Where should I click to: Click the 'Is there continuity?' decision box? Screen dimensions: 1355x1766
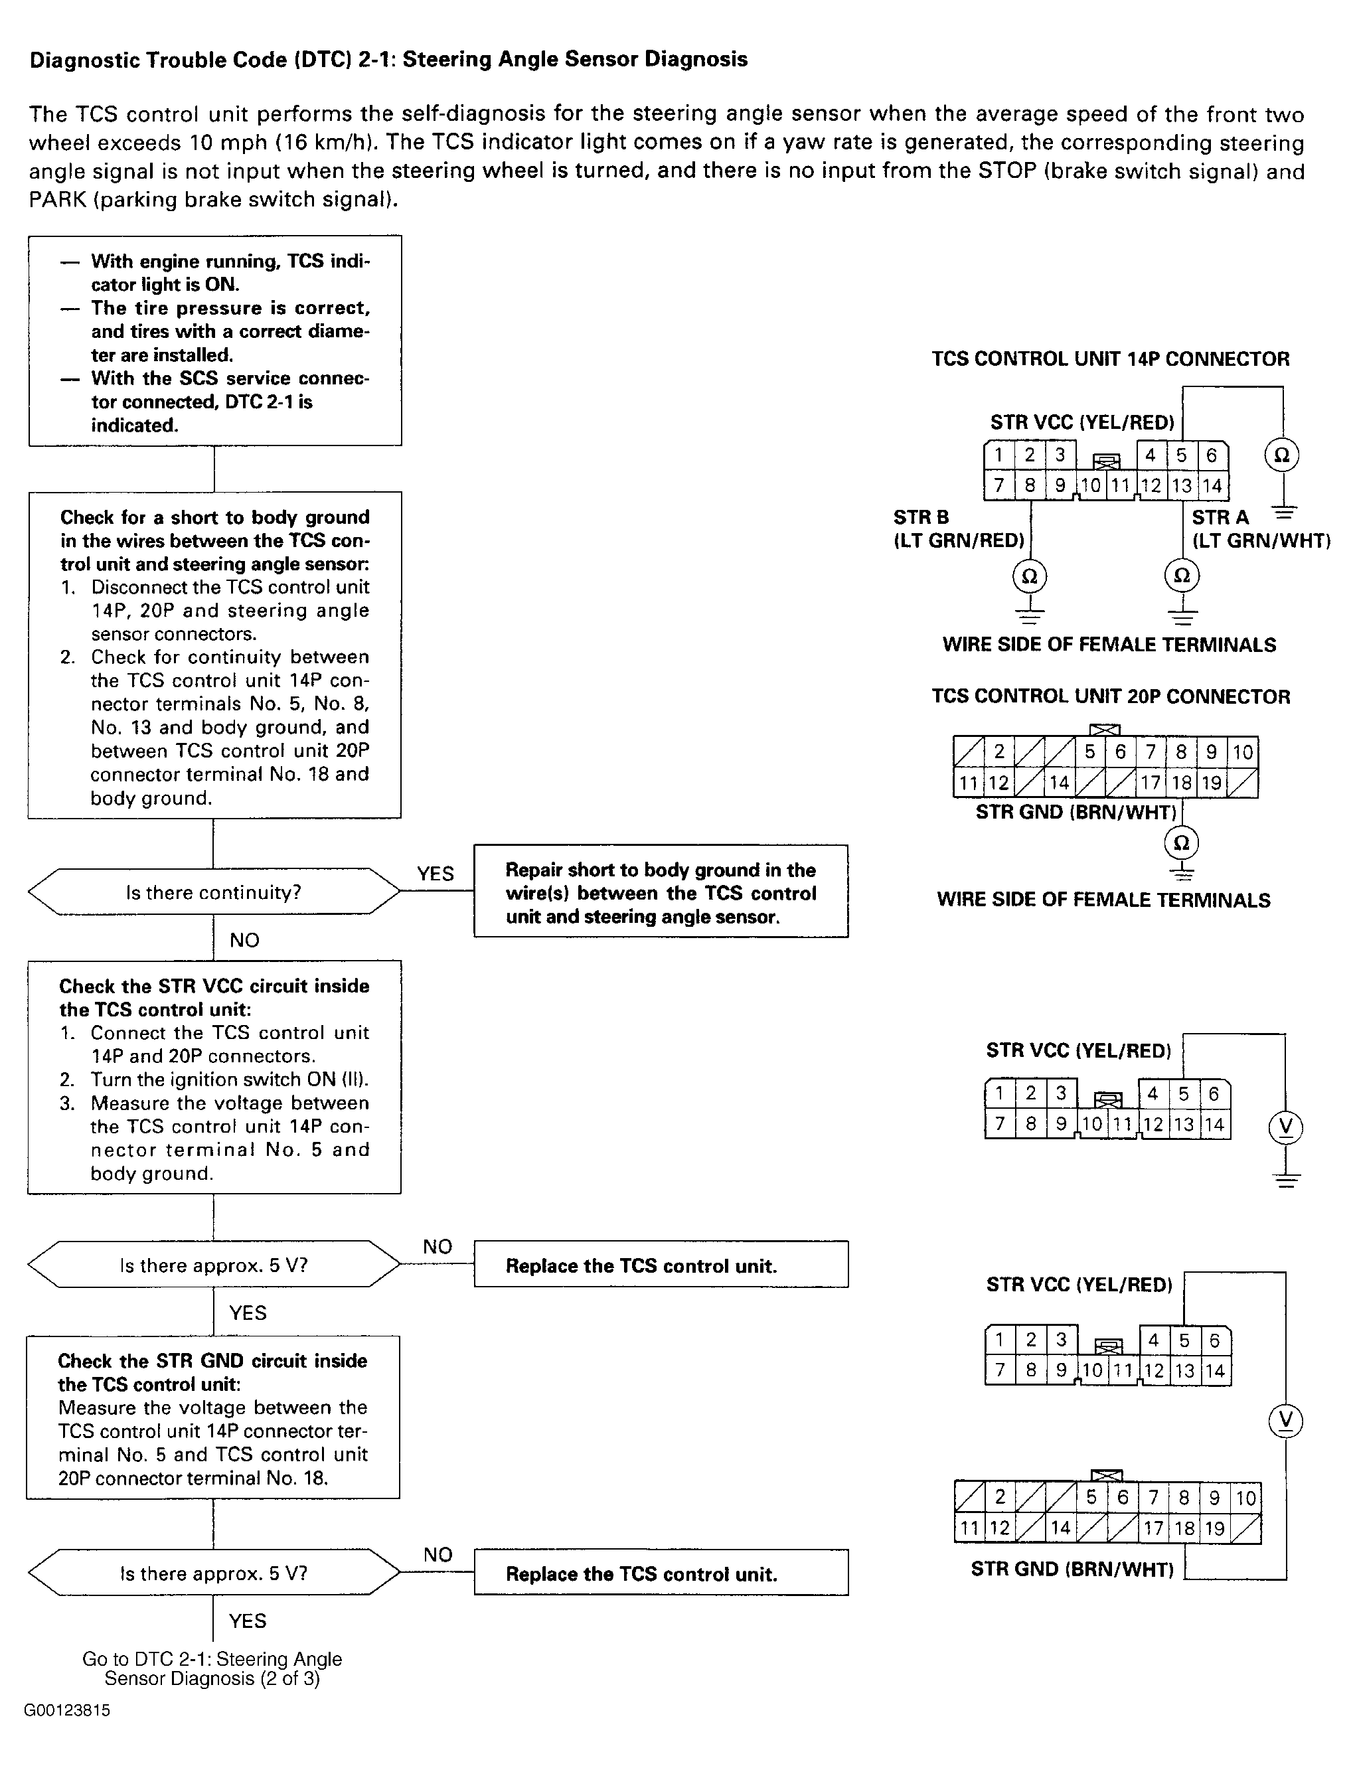point(214,892)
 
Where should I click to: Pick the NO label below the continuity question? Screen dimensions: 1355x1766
point(244,940)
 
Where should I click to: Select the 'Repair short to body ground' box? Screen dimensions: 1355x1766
point(661,891)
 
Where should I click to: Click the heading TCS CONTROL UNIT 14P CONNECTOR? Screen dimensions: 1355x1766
point(1111,359)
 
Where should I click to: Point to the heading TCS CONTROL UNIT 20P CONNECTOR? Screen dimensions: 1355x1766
point(1111,696)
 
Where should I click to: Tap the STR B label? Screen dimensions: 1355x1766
point(921,517)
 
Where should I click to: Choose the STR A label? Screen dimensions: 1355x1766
point(1220,517)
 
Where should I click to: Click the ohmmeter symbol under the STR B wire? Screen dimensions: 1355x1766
point(1030,576)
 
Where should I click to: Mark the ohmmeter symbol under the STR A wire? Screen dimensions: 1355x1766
point(1182,576)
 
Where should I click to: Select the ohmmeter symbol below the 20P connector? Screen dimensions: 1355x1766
point(1182,843)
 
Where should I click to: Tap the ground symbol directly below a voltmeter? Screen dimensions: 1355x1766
point(1286,1179)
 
